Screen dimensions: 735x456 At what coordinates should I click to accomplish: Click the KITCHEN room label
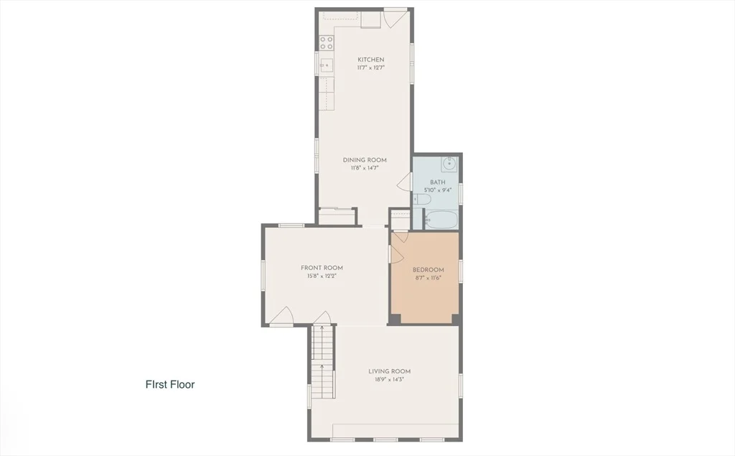[371, 60]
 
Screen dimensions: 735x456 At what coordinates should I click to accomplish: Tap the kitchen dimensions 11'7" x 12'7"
[371, 68]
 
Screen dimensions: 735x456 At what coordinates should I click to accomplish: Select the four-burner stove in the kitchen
[327, 43]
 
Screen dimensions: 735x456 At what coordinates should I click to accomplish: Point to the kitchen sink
[327, 65]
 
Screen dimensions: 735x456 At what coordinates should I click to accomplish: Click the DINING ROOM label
[365, 160]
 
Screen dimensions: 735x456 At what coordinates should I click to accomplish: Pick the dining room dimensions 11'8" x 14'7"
[365, 168]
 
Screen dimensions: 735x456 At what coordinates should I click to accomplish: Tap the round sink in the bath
[449, 164]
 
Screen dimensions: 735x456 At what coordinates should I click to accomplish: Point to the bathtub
[441, 220]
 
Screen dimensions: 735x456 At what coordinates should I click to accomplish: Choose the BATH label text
[438, 182]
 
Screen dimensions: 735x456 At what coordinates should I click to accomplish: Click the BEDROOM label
[428, 270]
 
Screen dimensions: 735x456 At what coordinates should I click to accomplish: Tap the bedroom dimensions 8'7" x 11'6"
[429, 278]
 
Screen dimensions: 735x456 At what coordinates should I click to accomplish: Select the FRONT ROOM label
[322, 268]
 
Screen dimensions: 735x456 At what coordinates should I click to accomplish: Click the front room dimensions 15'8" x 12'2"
[322, 276]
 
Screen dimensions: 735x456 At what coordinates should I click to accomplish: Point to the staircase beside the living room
[323, 361]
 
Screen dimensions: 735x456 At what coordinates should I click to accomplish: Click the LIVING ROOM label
[390, 371]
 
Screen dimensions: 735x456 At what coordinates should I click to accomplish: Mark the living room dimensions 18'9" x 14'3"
[390, 379]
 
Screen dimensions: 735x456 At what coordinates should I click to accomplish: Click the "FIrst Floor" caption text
[170, 385]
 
